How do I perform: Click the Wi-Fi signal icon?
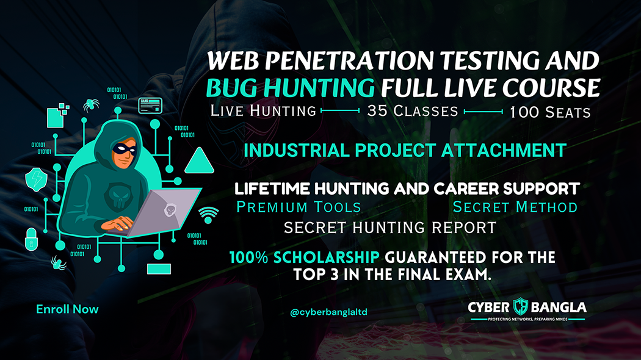(208, 214)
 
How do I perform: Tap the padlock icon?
(31, 240)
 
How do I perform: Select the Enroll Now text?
(67, 309)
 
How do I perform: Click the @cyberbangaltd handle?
(329, 312)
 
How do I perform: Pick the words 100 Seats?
(550, 112)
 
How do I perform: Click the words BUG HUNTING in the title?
(290, 89)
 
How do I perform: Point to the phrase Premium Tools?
(299, 207)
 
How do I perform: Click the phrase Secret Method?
(515, 207)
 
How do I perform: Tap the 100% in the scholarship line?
(251, 257)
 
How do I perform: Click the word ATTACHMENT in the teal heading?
(501, 149)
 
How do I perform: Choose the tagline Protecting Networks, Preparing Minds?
(527, 319)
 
